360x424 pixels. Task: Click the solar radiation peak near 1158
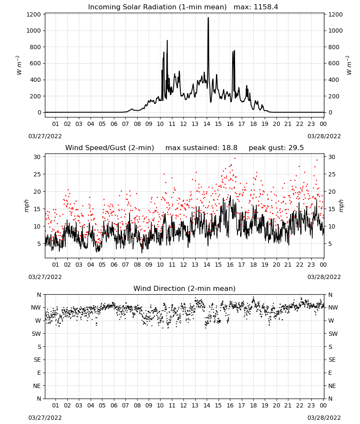208,18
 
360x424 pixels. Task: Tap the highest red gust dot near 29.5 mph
235,158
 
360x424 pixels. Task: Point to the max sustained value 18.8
230,148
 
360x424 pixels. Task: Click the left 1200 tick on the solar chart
33,14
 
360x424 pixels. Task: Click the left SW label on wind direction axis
36,334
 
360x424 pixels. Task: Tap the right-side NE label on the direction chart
332,386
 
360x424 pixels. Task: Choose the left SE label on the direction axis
37,360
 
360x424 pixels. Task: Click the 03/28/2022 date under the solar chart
324,136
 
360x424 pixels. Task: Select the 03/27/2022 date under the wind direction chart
45,418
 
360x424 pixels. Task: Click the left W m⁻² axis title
19,65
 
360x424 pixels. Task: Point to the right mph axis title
341,206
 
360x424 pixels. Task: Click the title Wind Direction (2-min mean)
185,288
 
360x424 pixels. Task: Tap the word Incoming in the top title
102,7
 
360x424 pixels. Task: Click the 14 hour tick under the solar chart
207,124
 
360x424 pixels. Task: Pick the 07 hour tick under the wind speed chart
125,265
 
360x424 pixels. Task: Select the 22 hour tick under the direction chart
300,405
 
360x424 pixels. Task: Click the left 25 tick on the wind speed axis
37,174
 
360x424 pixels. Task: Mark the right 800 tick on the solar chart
334,47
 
